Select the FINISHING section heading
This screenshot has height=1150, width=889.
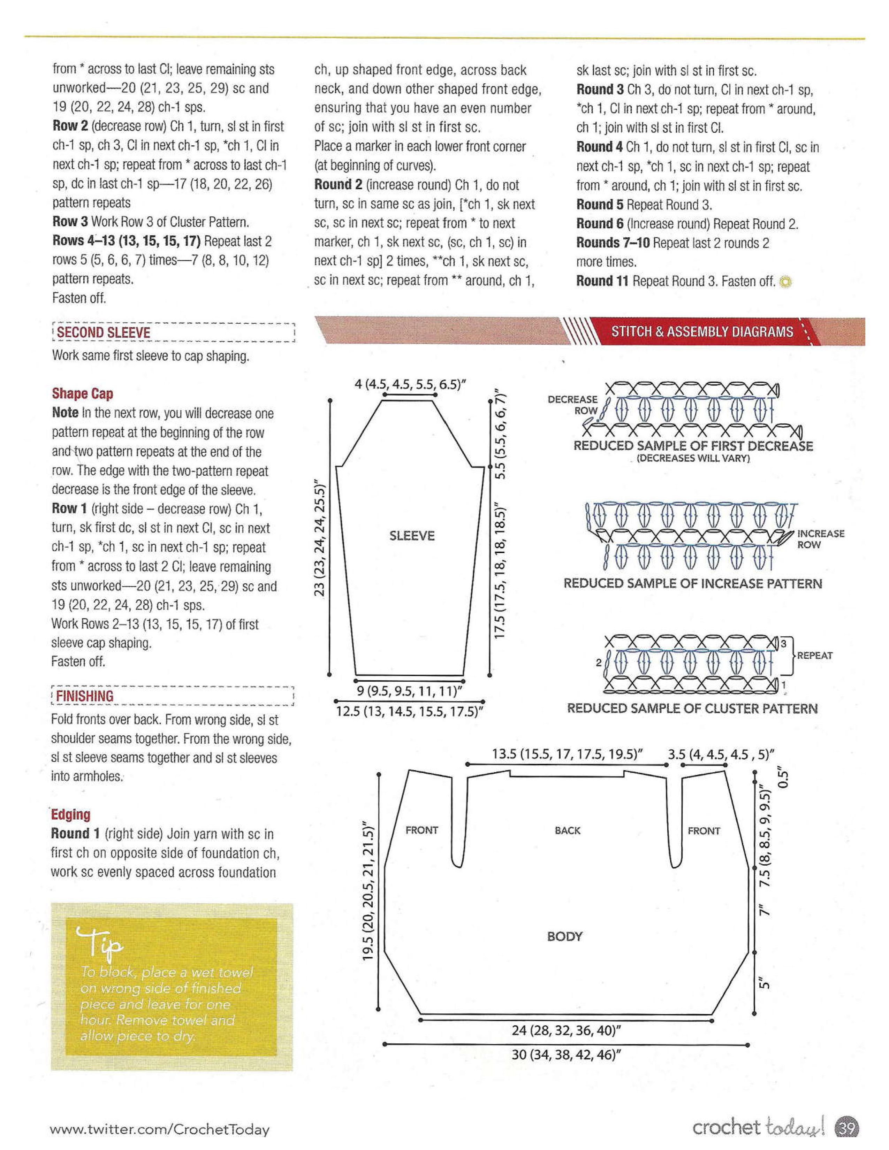pyautogui.click(x=84, y=696)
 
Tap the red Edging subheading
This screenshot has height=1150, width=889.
pyautogui.click(x=70, y=815)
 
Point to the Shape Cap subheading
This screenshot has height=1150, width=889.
pyautogui.click(x=82, y=393)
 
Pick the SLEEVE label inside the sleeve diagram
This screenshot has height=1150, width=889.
pyautogui.click(x=412, y=536)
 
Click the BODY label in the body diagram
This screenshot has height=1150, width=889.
pyautogui.click(x=564, y=936)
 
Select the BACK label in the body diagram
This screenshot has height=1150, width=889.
pyautogui.click(x=567, y=830)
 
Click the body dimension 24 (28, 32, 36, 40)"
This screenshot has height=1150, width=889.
pyautogui.click(x=565, y=1030)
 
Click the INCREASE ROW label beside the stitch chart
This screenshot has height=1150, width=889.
pyautogui.click(x=820, y=539)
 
